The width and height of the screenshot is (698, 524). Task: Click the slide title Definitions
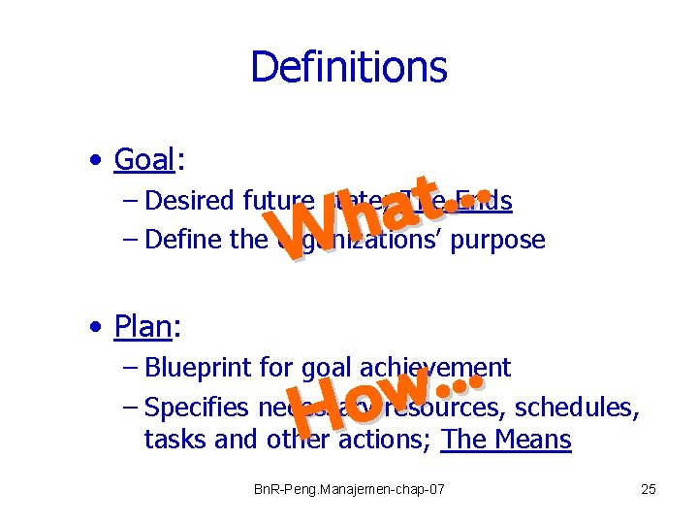click(x=348, y=68)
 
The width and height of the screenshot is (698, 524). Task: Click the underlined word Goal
click(x=143, y=158)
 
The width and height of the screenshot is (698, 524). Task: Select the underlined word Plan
click(x=143, y=327)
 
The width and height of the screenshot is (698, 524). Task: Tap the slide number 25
click(x=649, y=489)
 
